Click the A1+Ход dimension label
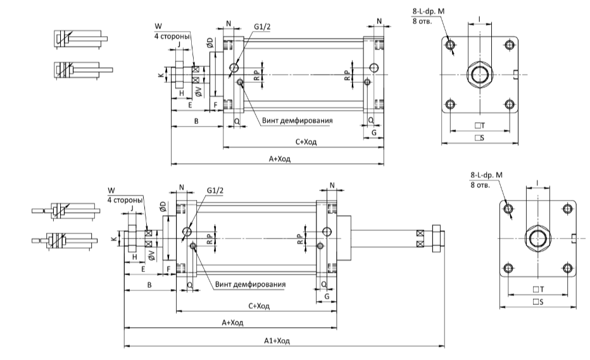(x=277, y=341)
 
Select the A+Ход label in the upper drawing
(x=280, y=159)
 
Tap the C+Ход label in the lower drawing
(x=259, y=306)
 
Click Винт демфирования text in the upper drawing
(x=298, y=121)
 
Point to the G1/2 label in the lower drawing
(x=215, y=190)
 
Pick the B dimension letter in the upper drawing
(x=196, y=121)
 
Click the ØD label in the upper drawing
(x=210, y=42)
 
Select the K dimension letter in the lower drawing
(x=114, y=239)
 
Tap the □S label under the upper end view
(x=479, y=138)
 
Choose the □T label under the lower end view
(x=539, y=289)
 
